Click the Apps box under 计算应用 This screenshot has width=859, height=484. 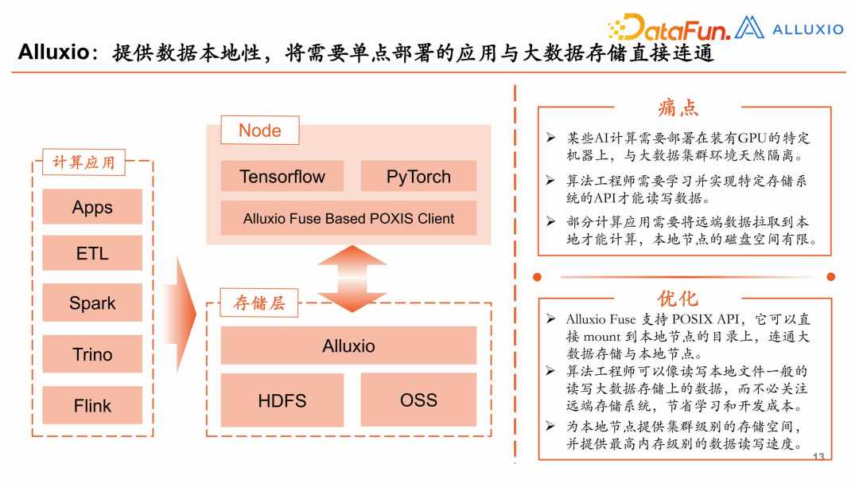click(92, 207)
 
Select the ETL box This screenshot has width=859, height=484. click(92, 254)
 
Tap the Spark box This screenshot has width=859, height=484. click(92, 302)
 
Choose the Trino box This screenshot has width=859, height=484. click(92, 354)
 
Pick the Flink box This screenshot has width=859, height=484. click(92, 405)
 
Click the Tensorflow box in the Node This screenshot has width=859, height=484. click(282, 177)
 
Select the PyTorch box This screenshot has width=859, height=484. click(418, 177)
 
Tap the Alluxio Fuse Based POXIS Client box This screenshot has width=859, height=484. click(348, 218)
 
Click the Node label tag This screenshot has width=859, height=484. click(259, 131)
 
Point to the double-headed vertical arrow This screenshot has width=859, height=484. click(351, 278)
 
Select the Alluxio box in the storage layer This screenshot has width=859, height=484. click(348, 345)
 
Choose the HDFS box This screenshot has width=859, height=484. click(282, 400)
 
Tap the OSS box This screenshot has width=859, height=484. click(418, 400)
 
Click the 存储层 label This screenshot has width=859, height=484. click(258, 302)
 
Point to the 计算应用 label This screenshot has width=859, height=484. click(84, 162)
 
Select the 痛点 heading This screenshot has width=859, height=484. click(678, 107)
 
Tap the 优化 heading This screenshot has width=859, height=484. click(678, 298)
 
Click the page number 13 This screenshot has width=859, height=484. click(818, 457)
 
